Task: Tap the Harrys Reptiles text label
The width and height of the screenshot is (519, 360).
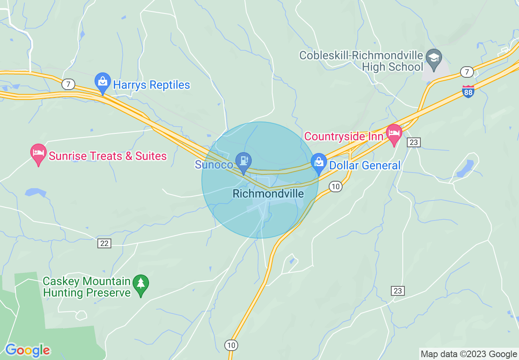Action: [151, 85]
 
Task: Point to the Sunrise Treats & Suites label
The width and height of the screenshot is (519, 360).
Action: [108, 156]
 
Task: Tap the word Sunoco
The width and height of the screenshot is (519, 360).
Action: [214, 165]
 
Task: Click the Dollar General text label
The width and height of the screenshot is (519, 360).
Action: [365, 166]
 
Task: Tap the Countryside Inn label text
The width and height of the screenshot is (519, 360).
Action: [344, 136]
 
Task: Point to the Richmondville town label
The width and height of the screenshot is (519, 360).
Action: [268, 193]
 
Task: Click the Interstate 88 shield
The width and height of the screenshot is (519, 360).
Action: [469, 91]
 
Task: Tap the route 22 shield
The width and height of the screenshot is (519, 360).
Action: [104, 243]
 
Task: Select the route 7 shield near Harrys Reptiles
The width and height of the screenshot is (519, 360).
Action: [68, 85]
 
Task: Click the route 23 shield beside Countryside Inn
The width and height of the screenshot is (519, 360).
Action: [414, 142]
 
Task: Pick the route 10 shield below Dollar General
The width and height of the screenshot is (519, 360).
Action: [335, 187]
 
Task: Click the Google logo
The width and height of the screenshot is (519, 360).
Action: [27, 351]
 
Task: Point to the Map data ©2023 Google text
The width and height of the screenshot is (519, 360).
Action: [469, 354]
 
